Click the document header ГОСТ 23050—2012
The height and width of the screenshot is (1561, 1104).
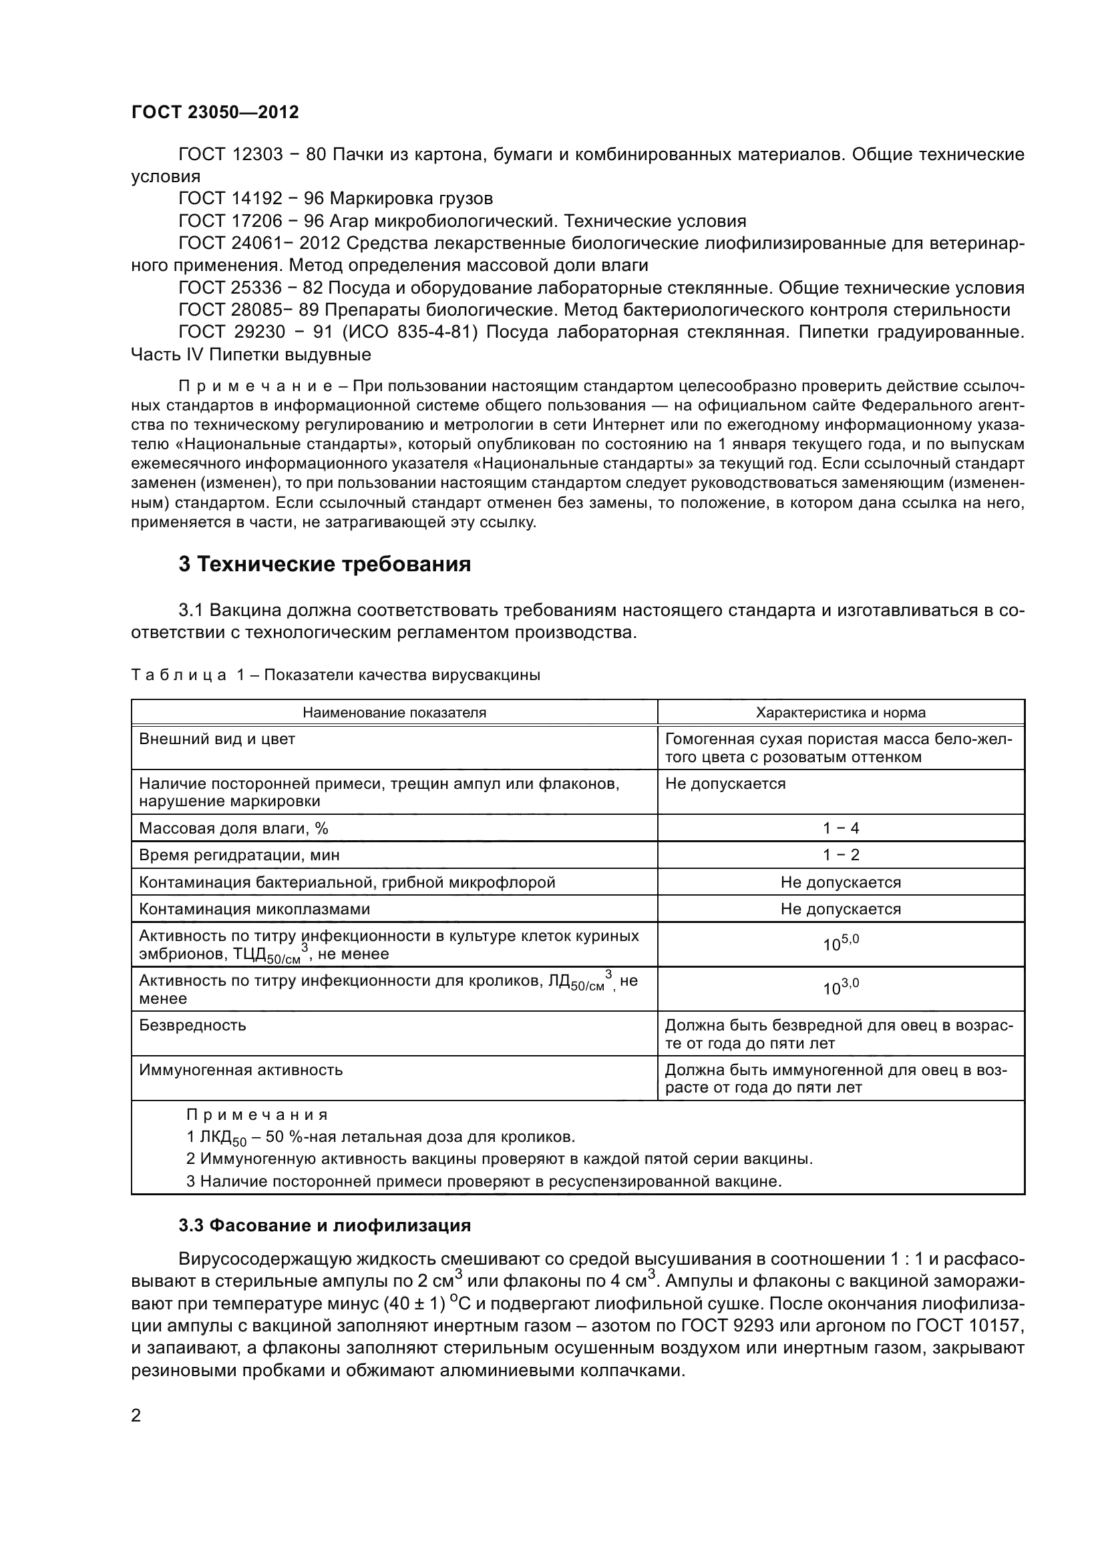coord(215,112)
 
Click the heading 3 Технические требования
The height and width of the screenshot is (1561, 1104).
coord(325,565)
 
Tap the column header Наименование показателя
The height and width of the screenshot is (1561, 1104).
coord(394,713)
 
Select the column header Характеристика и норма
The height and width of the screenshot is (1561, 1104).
coord(840,713)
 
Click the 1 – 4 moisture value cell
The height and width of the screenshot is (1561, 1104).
coord(841,828)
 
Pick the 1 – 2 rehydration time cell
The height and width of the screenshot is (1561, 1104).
coord(841,855)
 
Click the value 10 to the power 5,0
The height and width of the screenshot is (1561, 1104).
coord(841,944)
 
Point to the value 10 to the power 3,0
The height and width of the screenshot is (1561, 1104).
coord(841,988)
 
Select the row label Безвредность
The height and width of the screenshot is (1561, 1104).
coord(192,1024)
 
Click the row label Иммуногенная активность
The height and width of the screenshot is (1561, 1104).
coord(241,1069)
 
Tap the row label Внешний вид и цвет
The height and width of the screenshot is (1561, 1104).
coord(217,739)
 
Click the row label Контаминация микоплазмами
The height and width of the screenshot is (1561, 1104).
coord(254,909)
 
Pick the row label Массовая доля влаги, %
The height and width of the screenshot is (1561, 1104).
coord(233,828)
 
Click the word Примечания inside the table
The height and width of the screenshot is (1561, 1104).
coord(257,1115)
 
